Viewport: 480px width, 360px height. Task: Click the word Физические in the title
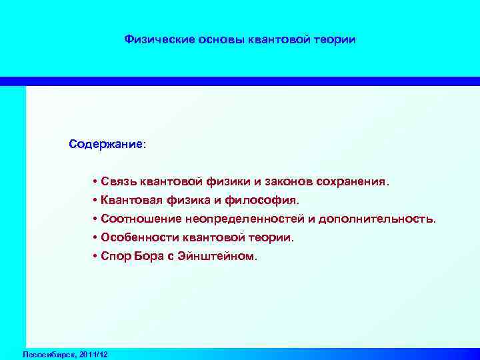[159, 40]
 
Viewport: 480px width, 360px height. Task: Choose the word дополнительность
[377, 219]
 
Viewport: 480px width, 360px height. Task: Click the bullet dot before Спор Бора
[96, 257]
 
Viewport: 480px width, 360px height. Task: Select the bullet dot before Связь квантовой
[96, 182]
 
